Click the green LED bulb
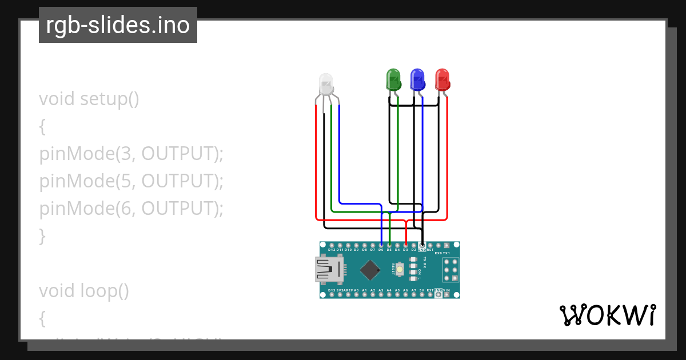coord(393,79)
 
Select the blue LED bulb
coord(418,79)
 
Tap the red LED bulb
coord(442,79)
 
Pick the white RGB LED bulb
coord(325,84)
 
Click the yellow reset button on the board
coord(400,269)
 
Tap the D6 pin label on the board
coord(381,250)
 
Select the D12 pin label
coord(332,250)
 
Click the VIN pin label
coord(446,290)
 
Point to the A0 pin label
coord(356,290)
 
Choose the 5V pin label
coord(422,290)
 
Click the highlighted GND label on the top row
coord(422,250)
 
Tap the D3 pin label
coord(405,250)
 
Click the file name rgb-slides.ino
coord(118,25)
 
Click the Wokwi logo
coord(607,315)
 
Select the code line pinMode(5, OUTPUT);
coord(131,181)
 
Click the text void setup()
coord(89,99)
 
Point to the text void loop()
coord(84,291)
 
